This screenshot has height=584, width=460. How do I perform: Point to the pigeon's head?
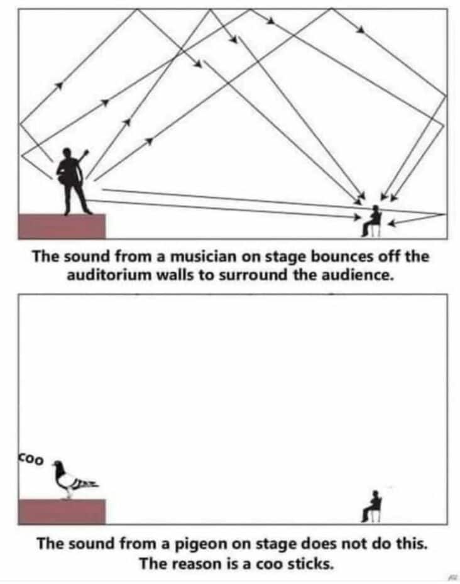[58, 466]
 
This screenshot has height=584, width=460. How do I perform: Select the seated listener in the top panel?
[374, 220]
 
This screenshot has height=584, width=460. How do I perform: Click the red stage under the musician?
[62, 226]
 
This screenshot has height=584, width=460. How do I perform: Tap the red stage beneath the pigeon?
[62, 511]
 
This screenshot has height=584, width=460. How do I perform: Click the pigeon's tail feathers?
[87, 483]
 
